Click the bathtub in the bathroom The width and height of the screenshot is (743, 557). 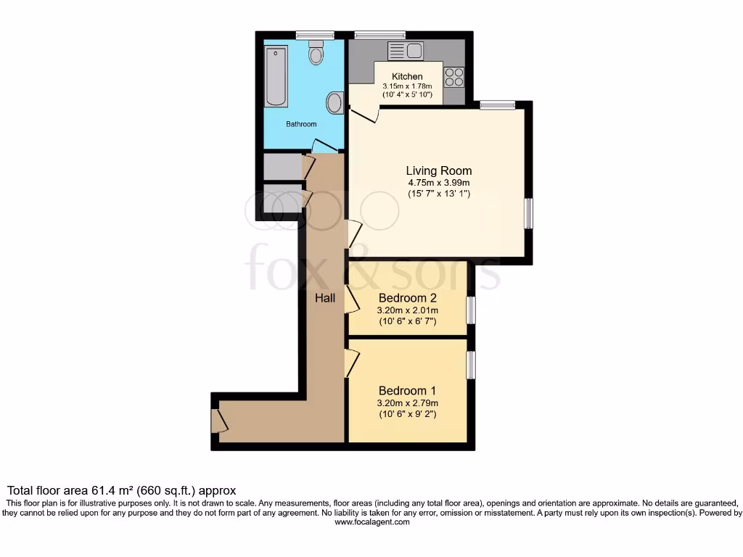[276, 76]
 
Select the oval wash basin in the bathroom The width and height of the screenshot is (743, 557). [334, 103]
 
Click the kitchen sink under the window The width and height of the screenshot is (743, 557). [406, 51]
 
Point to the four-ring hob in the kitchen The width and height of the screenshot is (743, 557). [454, 77]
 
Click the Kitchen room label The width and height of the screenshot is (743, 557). [407, 76]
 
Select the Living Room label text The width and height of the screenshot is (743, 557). [438, 171]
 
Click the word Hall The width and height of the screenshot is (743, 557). [324, 297]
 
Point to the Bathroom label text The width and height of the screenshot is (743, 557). [301, 124]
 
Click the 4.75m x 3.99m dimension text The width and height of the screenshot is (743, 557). [438, 183]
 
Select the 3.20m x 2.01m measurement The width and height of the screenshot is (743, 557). [406, 310]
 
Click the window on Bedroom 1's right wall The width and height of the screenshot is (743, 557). [471, 364]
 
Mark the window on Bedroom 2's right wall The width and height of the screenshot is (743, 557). [471, 310]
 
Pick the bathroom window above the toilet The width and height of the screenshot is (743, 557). [315, 35]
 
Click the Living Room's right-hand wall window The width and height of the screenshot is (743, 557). [529, 214]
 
